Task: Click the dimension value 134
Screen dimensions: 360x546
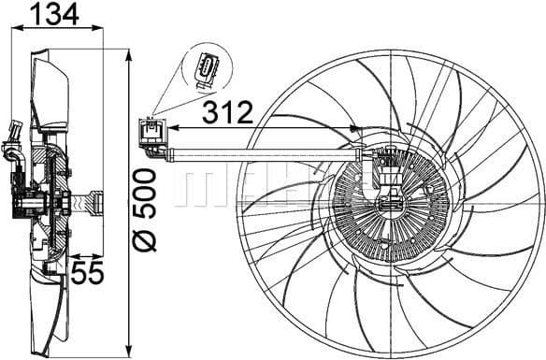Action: [x=51, y=13]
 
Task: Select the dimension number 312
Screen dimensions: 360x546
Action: [x=227, y=112]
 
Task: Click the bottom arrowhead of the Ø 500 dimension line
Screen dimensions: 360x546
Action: [x=126, y=353]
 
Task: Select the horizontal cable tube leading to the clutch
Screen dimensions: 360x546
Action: [x=262, y=149]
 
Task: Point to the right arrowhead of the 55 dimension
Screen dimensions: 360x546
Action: [x=101, y=255]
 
